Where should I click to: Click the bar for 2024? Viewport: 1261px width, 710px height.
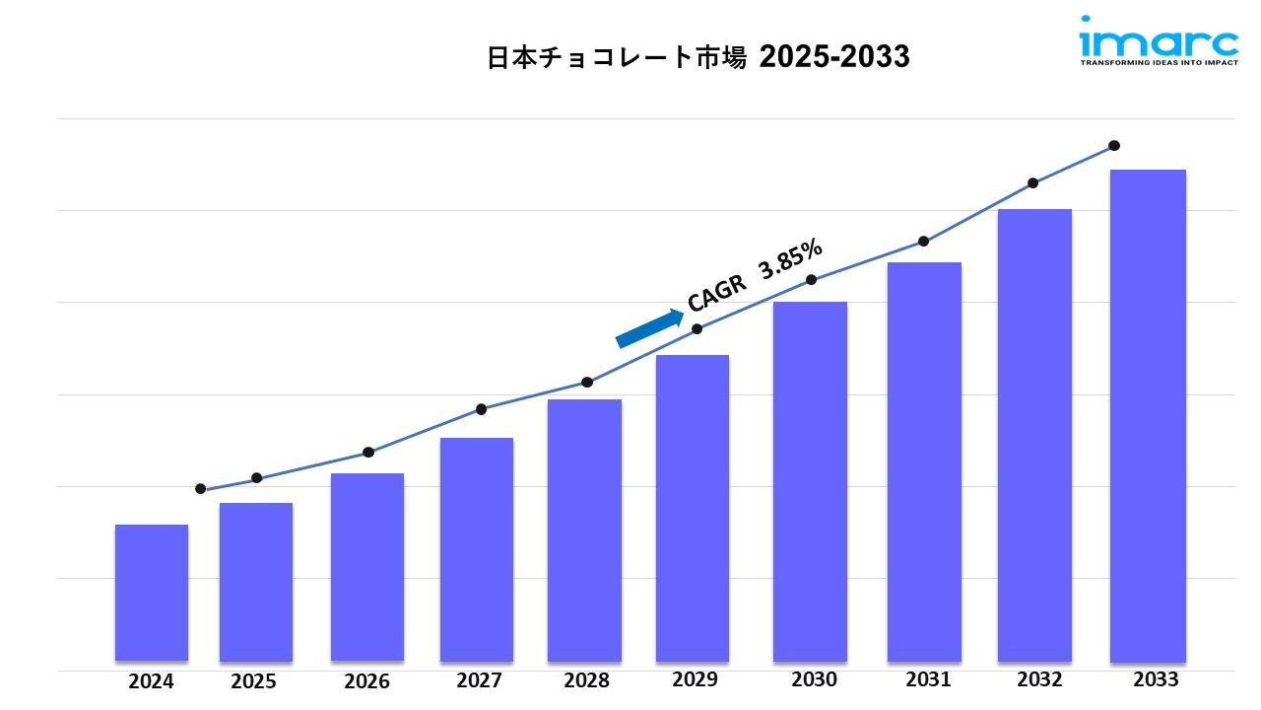(x=152, y=592)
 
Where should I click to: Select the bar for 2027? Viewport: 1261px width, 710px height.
(x=477, y=548)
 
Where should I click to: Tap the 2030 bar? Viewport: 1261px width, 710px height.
(x=810, y=480)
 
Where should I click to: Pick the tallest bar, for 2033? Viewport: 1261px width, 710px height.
(x=1148, y=414)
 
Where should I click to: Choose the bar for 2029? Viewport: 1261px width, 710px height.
(x=693, y=507)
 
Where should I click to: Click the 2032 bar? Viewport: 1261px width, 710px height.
(x=1034, y=434)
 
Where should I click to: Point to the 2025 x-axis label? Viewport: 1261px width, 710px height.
(x=254, y=681)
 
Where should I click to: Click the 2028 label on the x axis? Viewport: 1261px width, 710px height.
(x=586, y=680)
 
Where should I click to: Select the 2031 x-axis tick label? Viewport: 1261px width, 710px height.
(x=928, y=679)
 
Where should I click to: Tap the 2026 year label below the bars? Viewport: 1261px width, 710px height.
(x=367, y=681)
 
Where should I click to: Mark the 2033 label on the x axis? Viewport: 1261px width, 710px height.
(x=1156, y=679)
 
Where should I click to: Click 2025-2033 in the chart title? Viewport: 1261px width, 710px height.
(x=834, y=57)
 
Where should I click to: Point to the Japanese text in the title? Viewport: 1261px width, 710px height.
(x=617, y=57)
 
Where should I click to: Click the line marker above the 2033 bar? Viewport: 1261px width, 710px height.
(x=1114, y=146)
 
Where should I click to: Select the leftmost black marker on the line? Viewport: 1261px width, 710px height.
(x=201, y=489)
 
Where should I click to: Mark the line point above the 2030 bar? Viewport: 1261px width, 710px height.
(x=812, y=280)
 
